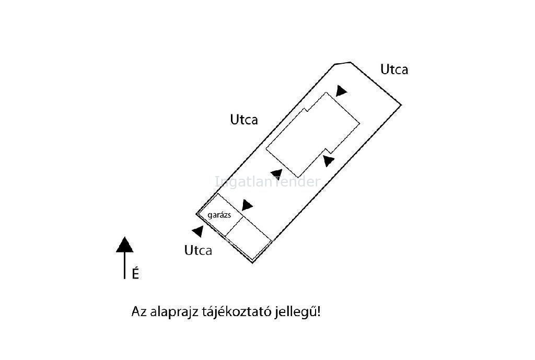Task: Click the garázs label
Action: [x=219, y=215]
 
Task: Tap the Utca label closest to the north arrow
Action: [x=198, y=250]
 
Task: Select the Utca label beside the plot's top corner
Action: [x=394, y=69]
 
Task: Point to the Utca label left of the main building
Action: [x=244, y=120]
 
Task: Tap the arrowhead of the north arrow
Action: [x=124, y=245]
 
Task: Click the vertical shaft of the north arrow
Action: [x=124, y=265]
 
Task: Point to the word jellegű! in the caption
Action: [x=298, y=312]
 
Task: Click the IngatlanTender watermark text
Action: [x=268, y=181]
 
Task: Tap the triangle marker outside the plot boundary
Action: [x=198, y=231]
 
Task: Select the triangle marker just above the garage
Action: [x=247, y=205]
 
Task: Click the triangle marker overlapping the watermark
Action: [x=277, y=174]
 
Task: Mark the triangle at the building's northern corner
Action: [x=341, y=91]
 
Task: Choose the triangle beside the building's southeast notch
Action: [x=329, y=161]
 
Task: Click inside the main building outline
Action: [x=312, y=135]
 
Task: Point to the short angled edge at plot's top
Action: [x=343, y=63]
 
